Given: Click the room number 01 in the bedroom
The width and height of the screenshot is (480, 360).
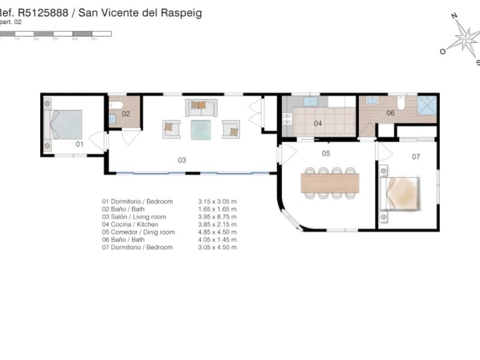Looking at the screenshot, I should coord(79,144).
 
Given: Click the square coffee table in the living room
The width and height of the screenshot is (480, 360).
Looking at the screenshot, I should coord(200,129).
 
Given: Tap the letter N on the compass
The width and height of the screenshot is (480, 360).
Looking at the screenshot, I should coord(454,16).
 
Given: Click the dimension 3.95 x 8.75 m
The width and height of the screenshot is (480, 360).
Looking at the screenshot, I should coord(217,217).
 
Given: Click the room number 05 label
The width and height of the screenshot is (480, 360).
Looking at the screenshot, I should coord(326,154).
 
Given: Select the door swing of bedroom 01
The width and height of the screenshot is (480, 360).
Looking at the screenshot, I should coord(96,142).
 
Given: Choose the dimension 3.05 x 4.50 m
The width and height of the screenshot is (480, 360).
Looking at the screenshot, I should coord(217,247).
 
